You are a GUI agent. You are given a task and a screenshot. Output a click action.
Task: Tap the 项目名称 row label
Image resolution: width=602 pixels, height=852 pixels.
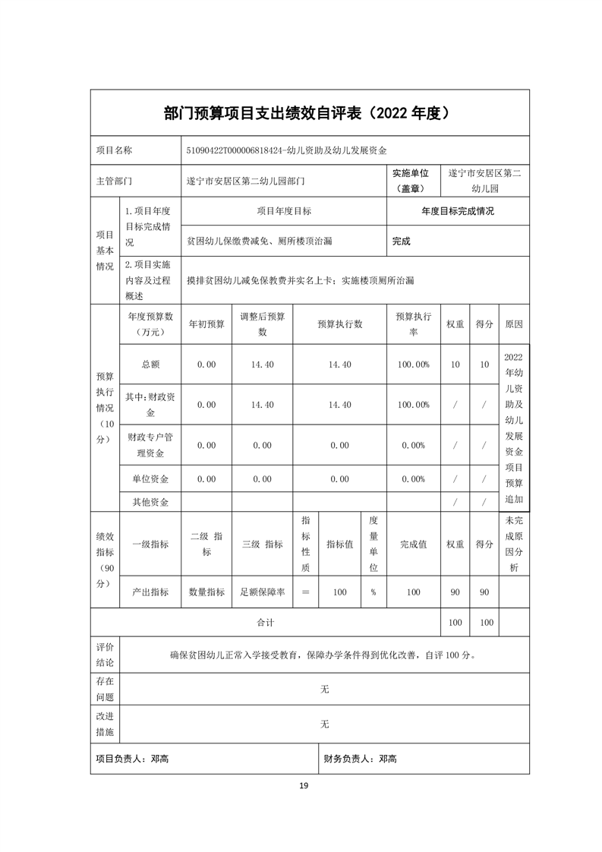click(114, 150)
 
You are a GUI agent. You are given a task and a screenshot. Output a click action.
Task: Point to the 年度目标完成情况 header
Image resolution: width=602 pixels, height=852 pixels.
click(458, 211)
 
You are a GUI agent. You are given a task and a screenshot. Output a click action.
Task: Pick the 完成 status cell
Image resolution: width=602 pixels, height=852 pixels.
click(401, 241)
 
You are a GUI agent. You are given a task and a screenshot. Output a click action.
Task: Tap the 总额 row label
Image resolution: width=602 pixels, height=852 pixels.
click(150, 364)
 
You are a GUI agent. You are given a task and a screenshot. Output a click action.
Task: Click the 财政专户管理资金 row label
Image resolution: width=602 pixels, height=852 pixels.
click(150, 445)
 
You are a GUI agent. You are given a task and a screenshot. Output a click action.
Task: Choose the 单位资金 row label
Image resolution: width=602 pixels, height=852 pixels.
click(150, 479)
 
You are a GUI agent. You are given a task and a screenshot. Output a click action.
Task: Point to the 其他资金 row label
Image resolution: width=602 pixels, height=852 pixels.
click(150, 502)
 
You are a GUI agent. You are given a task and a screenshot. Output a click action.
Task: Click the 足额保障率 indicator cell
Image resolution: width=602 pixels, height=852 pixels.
click(262, 592)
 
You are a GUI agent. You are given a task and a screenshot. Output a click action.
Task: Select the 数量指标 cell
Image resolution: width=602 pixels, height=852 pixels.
click(206, 592)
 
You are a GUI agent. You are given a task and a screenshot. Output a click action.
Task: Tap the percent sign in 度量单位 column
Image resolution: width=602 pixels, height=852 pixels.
click(373, 592)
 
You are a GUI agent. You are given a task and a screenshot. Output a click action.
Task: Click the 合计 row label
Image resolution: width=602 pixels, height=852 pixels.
click(265, 623)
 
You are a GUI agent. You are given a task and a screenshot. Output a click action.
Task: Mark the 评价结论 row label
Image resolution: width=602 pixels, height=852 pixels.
click(105, 654)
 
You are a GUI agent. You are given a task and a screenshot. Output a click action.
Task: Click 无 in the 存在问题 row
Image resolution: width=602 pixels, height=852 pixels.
click(325, 689)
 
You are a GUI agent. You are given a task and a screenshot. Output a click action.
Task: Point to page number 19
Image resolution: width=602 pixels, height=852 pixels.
click(303, 785)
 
